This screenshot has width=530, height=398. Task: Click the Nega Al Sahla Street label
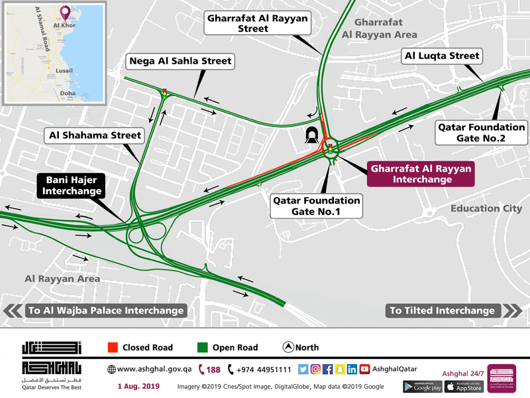pos(180,62)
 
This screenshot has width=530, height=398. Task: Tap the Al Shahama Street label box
pos(95,136)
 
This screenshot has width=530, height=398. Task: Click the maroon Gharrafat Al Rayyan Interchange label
pos(421,174)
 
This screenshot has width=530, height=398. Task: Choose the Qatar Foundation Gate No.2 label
pos(481,133)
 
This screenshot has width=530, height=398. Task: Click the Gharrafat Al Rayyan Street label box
pos(257,24)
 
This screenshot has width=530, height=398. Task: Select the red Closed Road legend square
pos(112,347)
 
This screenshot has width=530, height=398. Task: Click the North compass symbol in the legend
pos(288,347)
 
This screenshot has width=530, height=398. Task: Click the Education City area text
pos(485,208)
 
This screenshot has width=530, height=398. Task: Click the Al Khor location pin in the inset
pos(64,13)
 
